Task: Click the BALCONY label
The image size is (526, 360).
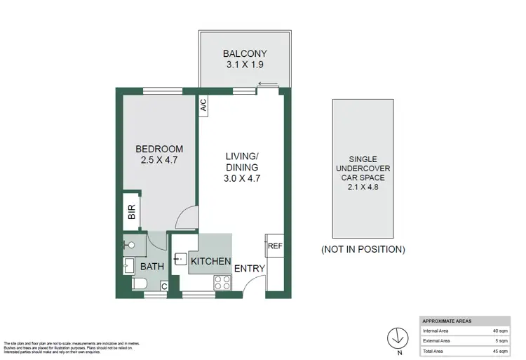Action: (x=245, y=53)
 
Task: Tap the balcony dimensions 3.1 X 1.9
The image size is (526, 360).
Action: (x=245, y=65)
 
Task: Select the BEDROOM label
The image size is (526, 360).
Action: (x=159, y=149)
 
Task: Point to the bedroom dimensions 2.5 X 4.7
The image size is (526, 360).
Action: (x=159, y=161)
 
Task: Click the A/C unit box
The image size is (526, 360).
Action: (x=203, y=107)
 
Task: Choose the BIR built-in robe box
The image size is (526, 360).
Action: (x=131, y=212)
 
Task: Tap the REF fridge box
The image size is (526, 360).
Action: (x=274, y=246)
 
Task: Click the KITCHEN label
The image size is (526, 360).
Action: (x=211, y=261)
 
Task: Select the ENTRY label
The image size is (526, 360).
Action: (x=249, y=268)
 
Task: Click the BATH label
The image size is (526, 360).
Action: (x=152, y=267)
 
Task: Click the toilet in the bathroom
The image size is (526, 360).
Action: (x=138, y=284)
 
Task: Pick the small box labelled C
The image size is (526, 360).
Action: (x=163, y=286)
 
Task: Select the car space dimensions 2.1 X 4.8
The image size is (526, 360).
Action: (x=363, y=187)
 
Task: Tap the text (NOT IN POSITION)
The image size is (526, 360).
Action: (x=363, y=249)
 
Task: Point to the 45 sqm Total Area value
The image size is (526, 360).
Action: (x=499, y=351)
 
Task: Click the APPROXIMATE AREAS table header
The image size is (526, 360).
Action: (x=446, y=320)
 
